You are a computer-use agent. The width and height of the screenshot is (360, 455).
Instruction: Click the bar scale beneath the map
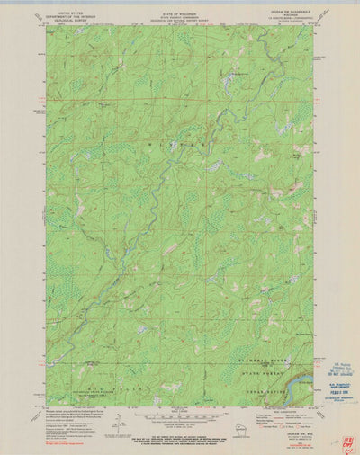179,415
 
